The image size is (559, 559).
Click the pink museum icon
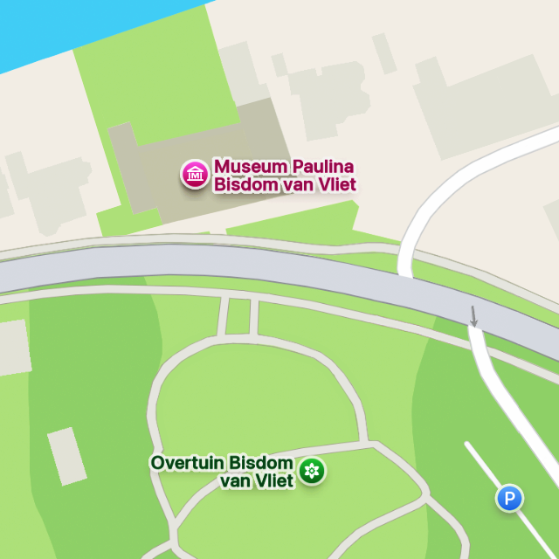click(x=194, y=175)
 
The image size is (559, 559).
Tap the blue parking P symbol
click(x=509, y=499)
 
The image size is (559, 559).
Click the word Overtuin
click(x=188, y=462)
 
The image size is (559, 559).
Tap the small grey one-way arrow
click(x=474, y=316)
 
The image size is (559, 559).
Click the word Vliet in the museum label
click(x=336, y=185)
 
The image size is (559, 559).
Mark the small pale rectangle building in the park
click(x=67, y=456)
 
